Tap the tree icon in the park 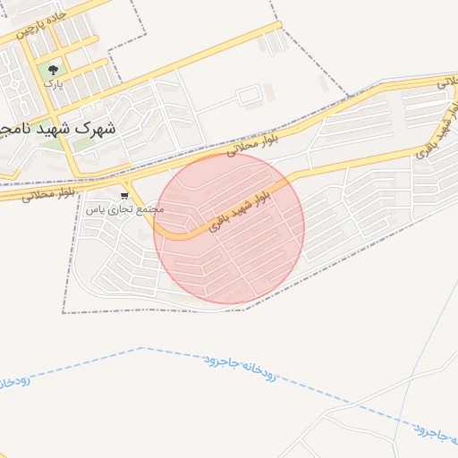[x=55, y=68]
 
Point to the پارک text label [x=55, y=84]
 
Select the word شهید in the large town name [x=51, y=127]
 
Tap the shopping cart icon [x=124, y=194]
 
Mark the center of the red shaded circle [x=229, y=228]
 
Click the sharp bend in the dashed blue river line [x=142, y=348]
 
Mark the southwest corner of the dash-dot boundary [x=64, y=312]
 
